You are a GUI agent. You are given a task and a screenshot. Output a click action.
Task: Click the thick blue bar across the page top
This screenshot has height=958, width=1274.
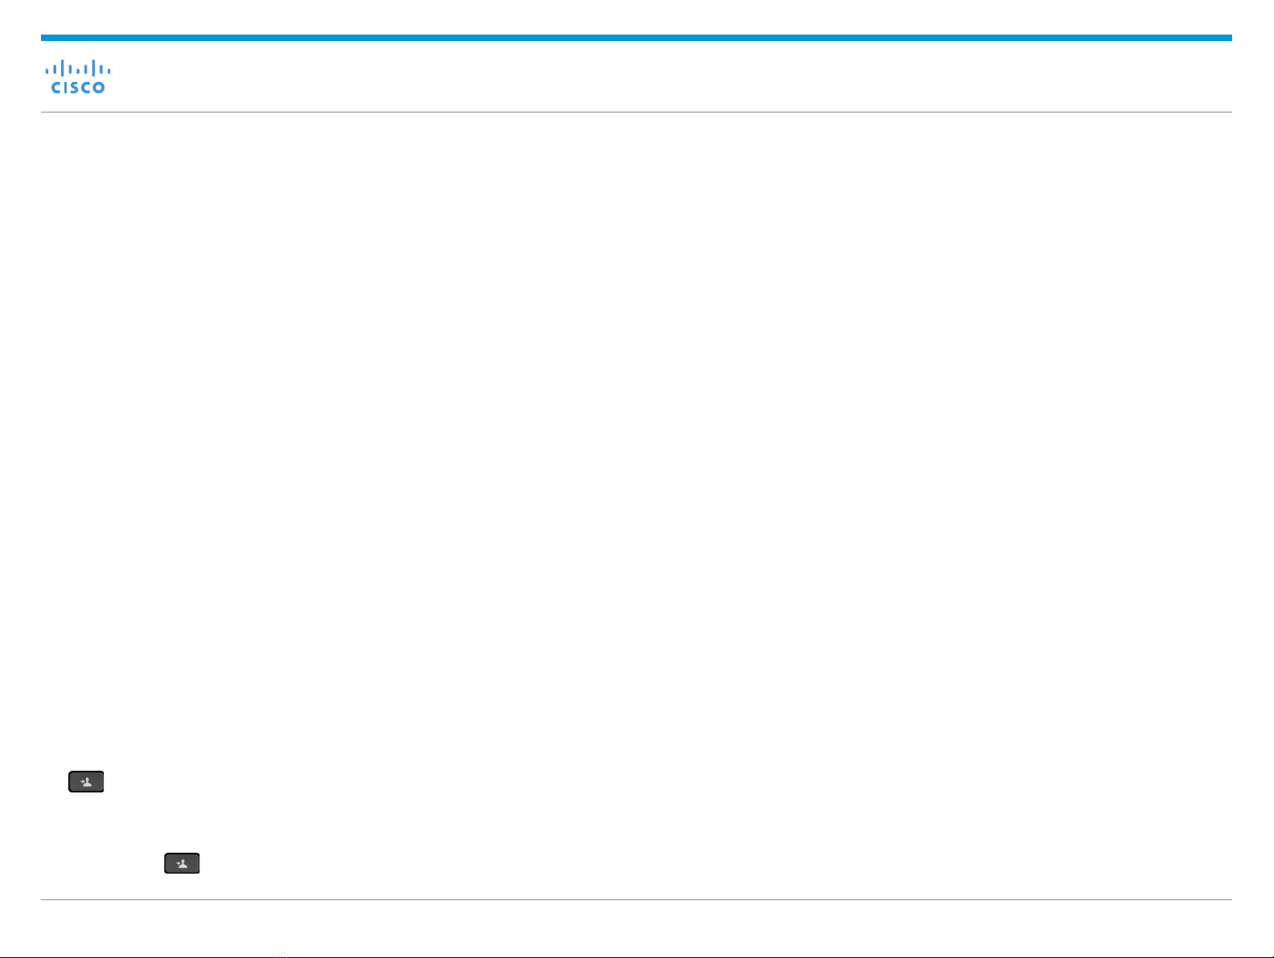[x=636, y=38]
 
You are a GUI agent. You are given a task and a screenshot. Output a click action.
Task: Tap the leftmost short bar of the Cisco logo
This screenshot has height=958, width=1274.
[x=47, y=71]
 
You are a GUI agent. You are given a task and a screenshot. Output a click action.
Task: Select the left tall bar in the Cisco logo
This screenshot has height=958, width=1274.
[x=63, y=68]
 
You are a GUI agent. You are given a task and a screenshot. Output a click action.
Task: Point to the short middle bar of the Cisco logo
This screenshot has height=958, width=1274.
[x=78, y=71]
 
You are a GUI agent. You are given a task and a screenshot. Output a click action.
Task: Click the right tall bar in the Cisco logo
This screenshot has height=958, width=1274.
[x=93, y=68]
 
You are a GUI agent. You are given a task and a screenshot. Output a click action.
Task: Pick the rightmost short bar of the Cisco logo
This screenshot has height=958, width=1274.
[x=109, y=71]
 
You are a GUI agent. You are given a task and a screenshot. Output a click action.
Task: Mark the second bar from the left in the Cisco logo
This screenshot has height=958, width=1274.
[x=55, y=70]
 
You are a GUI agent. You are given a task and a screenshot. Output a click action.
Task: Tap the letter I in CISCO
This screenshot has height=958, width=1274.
[x=67, y=87]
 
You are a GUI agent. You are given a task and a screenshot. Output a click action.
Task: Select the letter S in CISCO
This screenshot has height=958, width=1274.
[x=75, y=87]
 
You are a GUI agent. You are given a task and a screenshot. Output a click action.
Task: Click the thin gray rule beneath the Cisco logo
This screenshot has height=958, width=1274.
[x=636, y=112]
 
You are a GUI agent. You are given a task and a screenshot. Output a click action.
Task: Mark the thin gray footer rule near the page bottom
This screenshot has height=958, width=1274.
[x=636, y=899]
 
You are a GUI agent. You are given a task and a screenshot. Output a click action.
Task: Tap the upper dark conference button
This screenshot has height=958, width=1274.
[x=86, y=782]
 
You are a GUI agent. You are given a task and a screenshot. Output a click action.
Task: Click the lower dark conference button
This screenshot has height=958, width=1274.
[x=182, y=863]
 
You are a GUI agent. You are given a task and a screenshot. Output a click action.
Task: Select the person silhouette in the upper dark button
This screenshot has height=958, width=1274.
[x=88, y=783]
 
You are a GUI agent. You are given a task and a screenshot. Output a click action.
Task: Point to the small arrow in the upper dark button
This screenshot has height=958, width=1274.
[x=82, y=782]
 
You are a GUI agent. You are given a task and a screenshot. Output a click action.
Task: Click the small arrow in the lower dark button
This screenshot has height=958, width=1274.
[x=178, y=864]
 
